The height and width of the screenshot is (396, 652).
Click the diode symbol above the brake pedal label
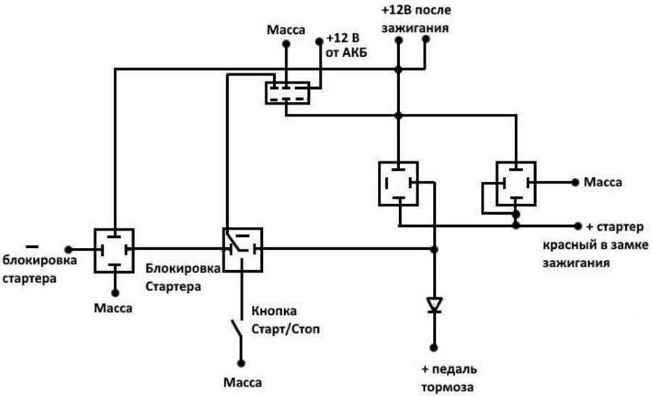tap(434, 305)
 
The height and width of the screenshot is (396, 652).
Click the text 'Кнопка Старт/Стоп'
tap(285, 320)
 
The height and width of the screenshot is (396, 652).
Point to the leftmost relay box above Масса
tap(114, 249)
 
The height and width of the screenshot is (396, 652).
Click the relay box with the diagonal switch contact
tap(241, 249)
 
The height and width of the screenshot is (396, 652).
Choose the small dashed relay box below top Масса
tap(287, 93)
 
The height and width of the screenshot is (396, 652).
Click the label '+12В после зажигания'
tap(415, 20)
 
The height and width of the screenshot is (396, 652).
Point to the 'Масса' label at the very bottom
tap(241, 381)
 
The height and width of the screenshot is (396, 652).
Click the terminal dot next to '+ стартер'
tap(578, 225)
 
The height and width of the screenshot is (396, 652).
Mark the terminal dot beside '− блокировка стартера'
tap(68, 249)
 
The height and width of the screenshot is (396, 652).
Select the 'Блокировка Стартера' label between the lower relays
tap(183, 276)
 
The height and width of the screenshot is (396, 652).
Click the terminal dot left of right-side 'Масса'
tap(575, 182)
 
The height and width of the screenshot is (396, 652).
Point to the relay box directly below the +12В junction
tap(398, 182)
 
